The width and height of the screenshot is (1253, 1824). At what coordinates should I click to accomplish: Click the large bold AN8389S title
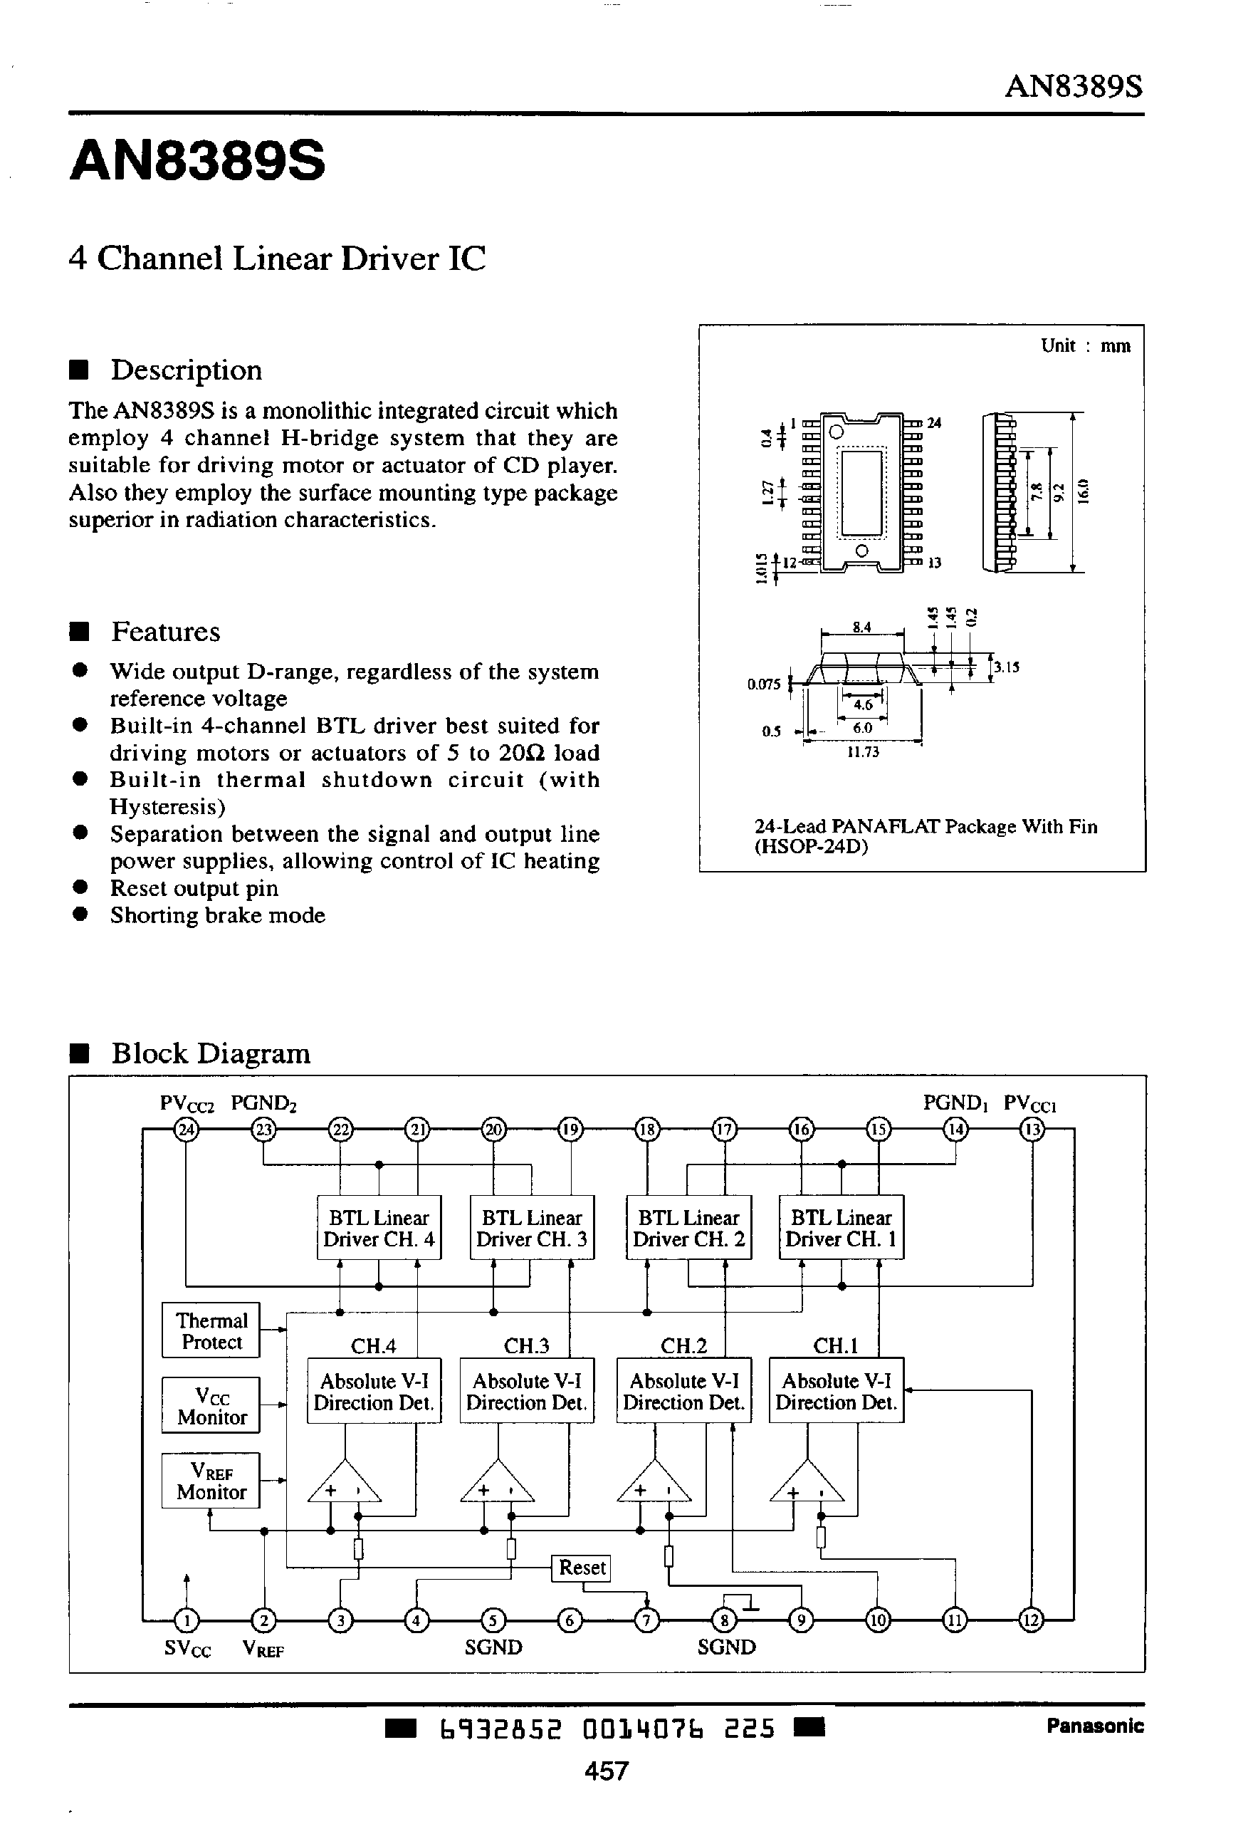point(197,162)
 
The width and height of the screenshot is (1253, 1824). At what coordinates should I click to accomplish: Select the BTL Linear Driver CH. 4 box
point(379,1228)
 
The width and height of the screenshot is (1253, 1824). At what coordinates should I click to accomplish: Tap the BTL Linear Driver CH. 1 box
point(841,1228)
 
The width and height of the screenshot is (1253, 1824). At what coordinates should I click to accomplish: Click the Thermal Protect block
point(211,1331)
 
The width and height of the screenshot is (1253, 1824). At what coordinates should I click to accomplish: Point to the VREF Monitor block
point(211,1481)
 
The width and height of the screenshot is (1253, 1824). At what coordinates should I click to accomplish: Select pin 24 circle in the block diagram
point(187,1130)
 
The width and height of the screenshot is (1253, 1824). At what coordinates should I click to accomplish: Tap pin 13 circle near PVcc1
point(1032,1130)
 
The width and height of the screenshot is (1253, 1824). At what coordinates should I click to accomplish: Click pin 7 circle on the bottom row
point(646,1620)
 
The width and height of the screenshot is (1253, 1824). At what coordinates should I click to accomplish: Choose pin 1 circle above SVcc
point(187,1620)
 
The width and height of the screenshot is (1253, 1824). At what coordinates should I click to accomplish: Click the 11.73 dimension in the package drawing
point(862,752)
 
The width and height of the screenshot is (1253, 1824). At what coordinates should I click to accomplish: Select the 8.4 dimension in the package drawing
point(861,627)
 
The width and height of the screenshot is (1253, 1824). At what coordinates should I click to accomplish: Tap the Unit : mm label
point(1085,346)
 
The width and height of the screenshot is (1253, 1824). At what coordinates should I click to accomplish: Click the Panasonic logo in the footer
point(1094,1726)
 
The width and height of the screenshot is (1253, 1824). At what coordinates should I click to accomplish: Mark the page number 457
point(606,1771)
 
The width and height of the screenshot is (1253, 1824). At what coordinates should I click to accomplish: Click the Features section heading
point(165,632)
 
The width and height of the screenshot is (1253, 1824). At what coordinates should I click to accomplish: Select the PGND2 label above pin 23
point(263,1103)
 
